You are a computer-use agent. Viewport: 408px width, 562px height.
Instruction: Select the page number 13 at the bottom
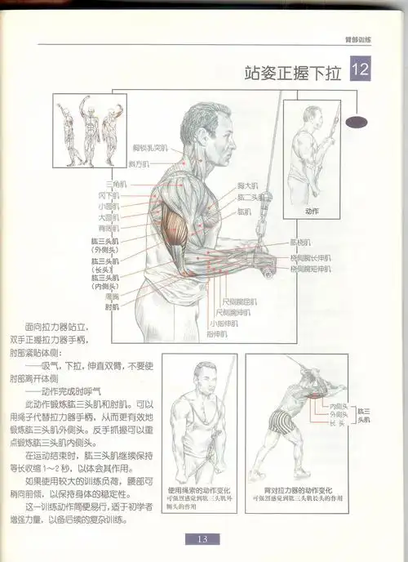204,538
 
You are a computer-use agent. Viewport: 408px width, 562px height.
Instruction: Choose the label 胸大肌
248,185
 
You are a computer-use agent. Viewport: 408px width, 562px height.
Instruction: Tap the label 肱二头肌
250,197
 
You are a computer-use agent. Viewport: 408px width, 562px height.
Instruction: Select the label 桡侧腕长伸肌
311,256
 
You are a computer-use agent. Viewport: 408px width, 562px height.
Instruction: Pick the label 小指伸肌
223,323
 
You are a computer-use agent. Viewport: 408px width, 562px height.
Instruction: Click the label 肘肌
112,308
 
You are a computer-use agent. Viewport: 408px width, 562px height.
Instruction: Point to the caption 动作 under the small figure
312,211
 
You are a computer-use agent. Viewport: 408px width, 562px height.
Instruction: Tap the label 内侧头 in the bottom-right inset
337,405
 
